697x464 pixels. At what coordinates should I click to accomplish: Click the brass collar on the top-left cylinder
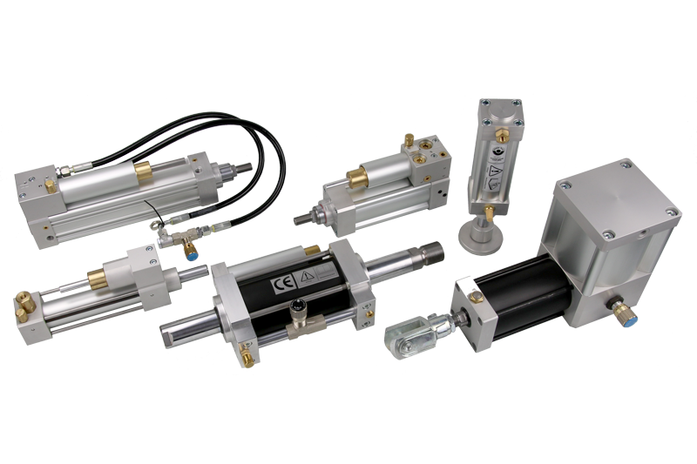(142, 171)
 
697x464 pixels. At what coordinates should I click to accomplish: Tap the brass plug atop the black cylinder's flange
(477, 299)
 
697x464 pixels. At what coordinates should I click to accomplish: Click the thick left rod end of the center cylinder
(179, 329)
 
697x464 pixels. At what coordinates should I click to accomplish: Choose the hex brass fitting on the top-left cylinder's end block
(50, 185)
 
